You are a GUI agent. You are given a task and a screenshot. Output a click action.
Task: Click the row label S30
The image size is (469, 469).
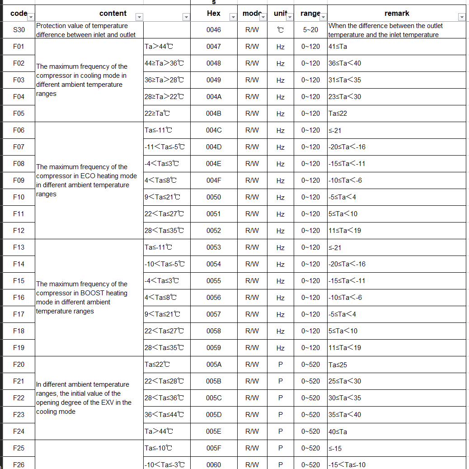tap(19, 30)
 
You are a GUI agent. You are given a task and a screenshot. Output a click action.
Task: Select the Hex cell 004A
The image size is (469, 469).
tap(213, 97)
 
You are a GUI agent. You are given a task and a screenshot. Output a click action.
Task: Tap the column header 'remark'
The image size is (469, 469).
tap(397, 14)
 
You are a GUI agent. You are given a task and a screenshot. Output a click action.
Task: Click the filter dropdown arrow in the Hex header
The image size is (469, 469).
tap(233, 17)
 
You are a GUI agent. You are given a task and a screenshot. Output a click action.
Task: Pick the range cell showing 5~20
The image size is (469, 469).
tap(310, 30)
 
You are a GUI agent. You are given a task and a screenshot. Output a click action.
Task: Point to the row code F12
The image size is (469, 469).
tap(19, 230)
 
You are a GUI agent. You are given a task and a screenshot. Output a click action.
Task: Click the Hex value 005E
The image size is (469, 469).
tap(213, 431)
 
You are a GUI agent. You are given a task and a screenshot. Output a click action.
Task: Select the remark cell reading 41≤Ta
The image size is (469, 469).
tap(338, 47)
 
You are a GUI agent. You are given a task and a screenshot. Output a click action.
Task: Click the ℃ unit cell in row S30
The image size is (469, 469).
tap(280, 30)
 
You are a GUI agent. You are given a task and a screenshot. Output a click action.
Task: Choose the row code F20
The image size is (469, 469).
tap(19, 364)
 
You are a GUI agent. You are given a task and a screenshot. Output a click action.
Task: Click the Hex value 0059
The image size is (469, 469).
tap(213, 348)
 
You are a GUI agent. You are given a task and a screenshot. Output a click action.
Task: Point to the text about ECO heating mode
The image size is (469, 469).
tap(86, 180)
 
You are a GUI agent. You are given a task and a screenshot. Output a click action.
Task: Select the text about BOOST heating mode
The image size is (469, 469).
tap(82, 298)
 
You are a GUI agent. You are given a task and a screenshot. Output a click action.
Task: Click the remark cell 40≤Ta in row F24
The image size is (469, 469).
tap(338, 431)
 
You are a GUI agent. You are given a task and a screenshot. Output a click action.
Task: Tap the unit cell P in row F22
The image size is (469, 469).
tap(280, 398)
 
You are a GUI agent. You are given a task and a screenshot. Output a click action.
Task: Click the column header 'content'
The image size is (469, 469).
tap(113, 14)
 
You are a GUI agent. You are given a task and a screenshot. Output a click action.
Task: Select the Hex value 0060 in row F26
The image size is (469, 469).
tap(213, 464)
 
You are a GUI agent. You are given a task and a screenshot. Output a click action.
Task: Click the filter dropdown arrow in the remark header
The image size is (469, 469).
tap(461, 17)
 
